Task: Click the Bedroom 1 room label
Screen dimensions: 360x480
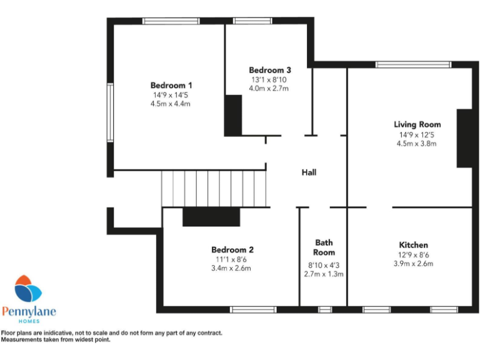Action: pyautogui.click(x=171, y=85)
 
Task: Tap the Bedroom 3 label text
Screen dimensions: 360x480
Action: pyautogui.click(x=269, y=70)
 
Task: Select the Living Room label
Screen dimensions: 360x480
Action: pyautogui.click(x=417, y=124)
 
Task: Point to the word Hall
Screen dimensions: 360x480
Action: pyautogui.click(x=309, y=172)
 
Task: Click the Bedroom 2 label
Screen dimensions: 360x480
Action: pyautogui.click(x=232, y=249)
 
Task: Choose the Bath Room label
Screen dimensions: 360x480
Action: pyautogui.click(x=324, y=247)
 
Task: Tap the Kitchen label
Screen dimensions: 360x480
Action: pyautogui.click(x=414, y=244)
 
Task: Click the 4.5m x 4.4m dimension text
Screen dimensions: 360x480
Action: pyautogui.click(x=171, y=104)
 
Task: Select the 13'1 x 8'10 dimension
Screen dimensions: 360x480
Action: pyautogui.click(x=269, y=79)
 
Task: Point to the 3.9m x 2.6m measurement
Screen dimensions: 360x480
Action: pyautogui.click(x=414, y=264)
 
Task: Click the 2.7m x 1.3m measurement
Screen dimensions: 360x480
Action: pyautogui.click(x=324, y=274)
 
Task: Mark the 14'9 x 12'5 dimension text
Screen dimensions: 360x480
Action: pyautogui.click(x=417, y=134)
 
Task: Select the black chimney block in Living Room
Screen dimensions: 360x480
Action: pyautogui.click(x=464, y=138)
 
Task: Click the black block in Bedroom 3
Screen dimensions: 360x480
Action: pyautogui.click(x=233, y=114)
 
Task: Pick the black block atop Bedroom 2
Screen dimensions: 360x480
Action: pyautogui.click(x=211, y=217)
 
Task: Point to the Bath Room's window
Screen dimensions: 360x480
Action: pyautogui.click(x=324, y=309)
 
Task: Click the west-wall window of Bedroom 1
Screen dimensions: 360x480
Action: pyautogui.click(x=109, y=112)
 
